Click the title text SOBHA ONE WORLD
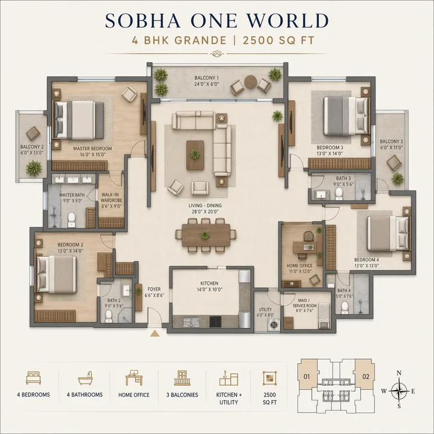pyautogui.click(x=217, y=21)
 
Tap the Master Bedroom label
pyautogui.click(x=89, y=151)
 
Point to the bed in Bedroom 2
pyautogui.click(x=55, y=274)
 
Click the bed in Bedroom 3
pyautogui.click(x=345, y=115)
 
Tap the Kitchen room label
pyautogui.click(x=209, y=287)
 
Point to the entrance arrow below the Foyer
pyautogui.click(x=155, y=332)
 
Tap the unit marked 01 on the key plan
pyautogui.click(x=307, y=378)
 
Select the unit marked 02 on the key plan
pyautogui.click(x=366, y=378)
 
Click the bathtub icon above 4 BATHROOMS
pyautogui.click(x=84, y=379)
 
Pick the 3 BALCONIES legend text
pyautogui.click(x=182, y=395)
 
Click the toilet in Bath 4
pyautogui.click(x=345, y=307)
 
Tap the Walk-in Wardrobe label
pyautogui.click(x=111, y=200)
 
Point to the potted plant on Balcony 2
pyautogui.click(x=34, y=168)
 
